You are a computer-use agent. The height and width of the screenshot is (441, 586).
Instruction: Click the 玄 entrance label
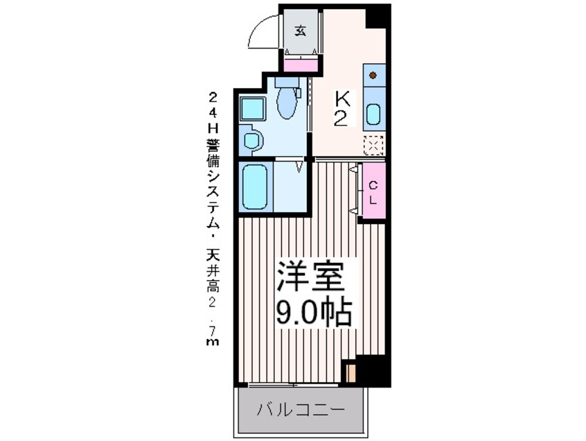click(301, 31)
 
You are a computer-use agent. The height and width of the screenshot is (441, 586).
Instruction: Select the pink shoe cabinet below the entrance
click(302, 64)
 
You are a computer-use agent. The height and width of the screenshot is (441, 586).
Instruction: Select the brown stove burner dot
click(373, 74)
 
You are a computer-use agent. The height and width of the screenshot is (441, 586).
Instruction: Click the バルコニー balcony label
click(301, 408)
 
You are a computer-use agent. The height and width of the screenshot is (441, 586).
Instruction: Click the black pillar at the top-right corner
click(379, 15)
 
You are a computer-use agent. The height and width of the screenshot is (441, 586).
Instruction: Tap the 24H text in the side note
click(213, 110)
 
